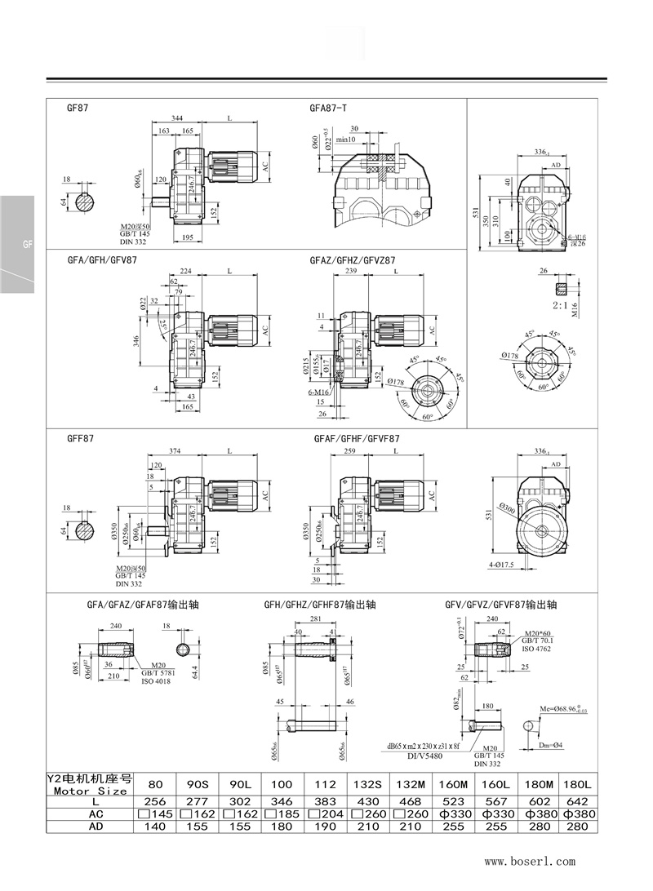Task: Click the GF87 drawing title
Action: point(78,107)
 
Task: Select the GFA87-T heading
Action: point(328,107)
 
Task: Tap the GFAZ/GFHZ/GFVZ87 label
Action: point(353,259)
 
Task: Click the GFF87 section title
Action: point(81,438)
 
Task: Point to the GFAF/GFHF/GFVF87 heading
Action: point(357,438)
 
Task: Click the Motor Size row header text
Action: point(90,791)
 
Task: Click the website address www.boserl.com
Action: point(530,861)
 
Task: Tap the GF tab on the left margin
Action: point(16,244)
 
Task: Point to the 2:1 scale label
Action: point(560,304)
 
